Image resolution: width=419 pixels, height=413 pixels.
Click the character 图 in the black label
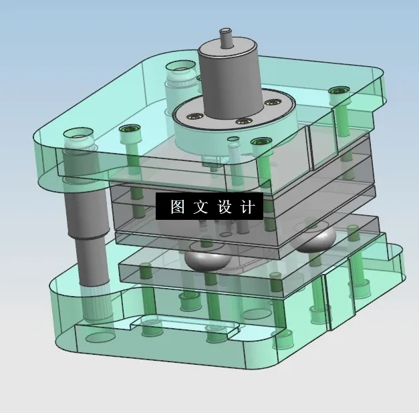tap(177, 207)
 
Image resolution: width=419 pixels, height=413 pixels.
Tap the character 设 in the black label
tap(224, 207)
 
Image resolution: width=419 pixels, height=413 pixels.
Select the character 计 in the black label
tap(247, 207)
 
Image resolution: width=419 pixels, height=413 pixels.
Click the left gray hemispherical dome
tap(206, 258)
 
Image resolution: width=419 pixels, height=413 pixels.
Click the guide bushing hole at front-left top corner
tap(78, 141)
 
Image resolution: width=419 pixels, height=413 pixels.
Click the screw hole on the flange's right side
tap(272, 102)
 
